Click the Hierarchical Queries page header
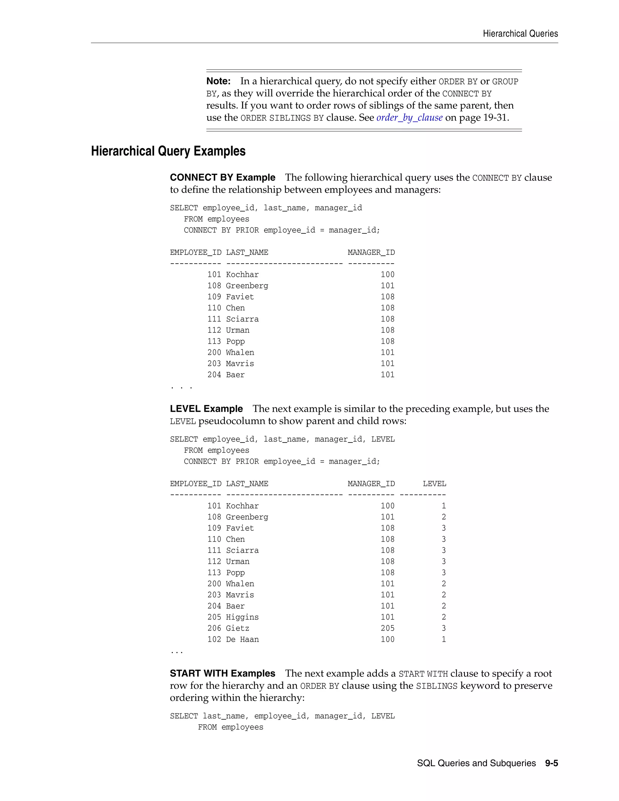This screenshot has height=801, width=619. [520, 34]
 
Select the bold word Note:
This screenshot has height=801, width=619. [218, 81]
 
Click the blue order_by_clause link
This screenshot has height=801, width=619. [409, 117]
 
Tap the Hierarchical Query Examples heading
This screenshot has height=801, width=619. [168, 151]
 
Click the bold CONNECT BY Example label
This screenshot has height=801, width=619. [222, 177]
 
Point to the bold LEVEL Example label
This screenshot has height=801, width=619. [206, 409]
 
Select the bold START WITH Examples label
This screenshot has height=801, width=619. [222, 673]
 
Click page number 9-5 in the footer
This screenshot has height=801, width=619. [551, 763]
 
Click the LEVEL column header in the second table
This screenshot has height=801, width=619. [434, 484]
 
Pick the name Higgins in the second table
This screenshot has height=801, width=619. [242, 617]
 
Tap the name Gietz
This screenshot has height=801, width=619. [237, 628]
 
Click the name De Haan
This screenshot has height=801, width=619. [242, 640]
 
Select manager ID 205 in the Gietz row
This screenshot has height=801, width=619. [387, 628]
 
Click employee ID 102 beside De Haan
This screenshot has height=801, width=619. [214, 640]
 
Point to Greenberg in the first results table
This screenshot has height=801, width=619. [247, 286]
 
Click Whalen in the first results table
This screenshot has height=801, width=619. [240, 352]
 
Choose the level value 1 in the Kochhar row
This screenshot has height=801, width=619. [444, 506]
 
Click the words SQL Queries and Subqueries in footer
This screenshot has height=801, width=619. [476, 763]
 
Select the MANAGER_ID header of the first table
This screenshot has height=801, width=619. [371, 252]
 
